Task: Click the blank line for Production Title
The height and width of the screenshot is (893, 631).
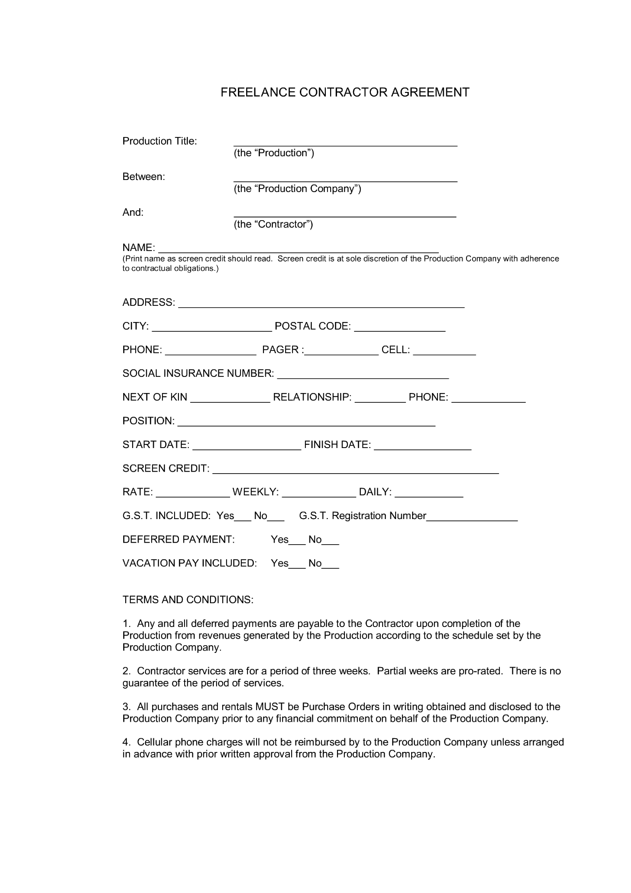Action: [345, 143]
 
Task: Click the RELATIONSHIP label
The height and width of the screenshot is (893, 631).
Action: [312, 397]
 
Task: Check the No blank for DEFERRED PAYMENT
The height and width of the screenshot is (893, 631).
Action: [330, 541]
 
